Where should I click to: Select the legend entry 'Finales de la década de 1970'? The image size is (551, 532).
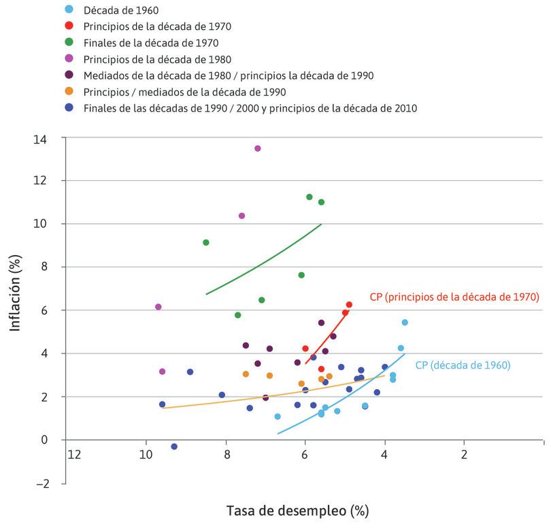click(150, 42)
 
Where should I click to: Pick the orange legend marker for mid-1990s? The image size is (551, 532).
click(69, 92)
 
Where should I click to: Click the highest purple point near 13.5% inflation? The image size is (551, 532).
click(257, 148)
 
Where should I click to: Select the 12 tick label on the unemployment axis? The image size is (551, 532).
click(75, 454)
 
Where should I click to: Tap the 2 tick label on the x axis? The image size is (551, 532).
click(464, 454)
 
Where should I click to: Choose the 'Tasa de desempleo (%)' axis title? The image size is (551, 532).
click(297, 510)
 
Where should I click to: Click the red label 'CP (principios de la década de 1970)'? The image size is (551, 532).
click(454, 297)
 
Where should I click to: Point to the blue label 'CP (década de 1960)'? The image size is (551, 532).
click(463, 365)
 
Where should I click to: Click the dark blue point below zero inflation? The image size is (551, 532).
click(174, 446)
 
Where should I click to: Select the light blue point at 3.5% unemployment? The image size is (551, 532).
click(405, 322)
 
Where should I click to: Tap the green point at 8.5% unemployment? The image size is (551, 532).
click(205, 242)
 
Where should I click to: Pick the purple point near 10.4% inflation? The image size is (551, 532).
click(241, 216)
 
